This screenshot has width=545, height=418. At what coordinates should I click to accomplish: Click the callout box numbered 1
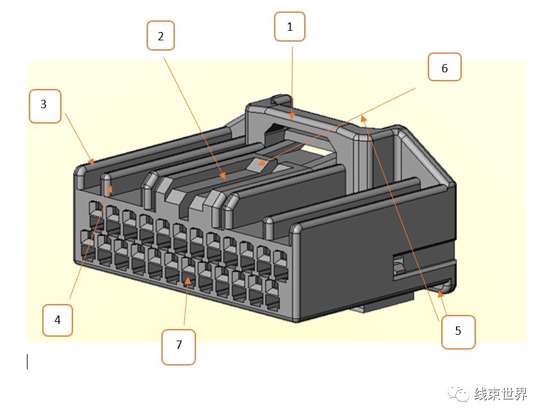[x=289, y=27]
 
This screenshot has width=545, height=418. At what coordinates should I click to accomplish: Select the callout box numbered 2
[x=161, y=36]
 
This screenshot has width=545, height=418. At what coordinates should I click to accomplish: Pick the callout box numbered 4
[x=57, y=319]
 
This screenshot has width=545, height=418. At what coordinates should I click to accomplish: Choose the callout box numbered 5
[x=458, y=332]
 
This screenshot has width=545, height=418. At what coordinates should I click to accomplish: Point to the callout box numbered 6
[x=444, y=67]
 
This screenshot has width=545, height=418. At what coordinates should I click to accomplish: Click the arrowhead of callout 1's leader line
[x=292, y=117]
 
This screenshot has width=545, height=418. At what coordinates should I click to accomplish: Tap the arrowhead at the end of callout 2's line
[x=223, y=175]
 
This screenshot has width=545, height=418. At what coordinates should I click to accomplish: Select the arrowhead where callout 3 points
[x=92, y=161]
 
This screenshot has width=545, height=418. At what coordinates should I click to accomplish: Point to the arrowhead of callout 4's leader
[x=110, y=188]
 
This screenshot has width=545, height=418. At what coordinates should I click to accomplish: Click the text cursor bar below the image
[x=28, y=362]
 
